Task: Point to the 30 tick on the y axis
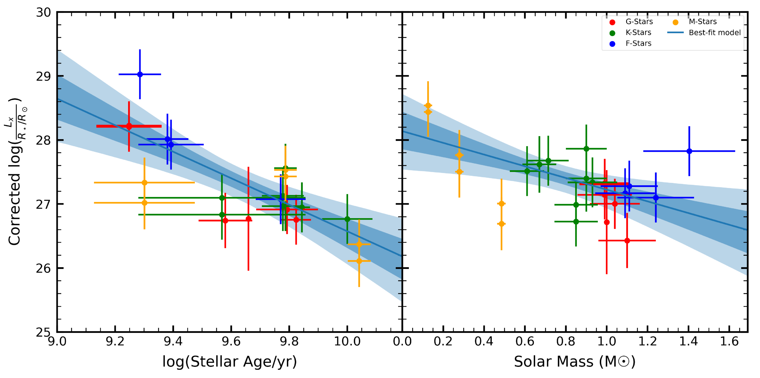[44, 13]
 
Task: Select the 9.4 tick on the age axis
[173, 342]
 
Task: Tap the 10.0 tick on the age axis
[347, 342]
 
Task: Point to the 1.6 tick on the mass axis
[729, 342]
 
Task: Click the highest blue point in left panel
[140, 74]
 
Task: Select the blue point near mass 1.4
[689, 151]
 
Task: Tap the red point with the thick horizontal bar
[129, 126]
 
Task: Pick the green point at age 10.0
[347, 219]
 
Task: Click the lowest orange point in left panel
[359, 261]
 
